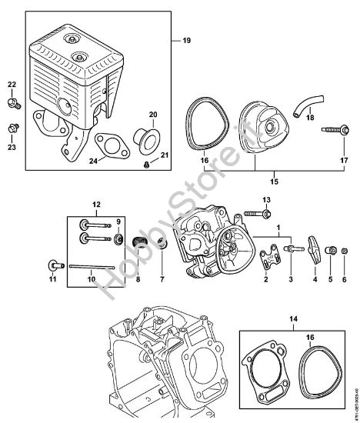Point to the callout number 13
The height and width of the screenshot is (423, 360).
click(x=266, y=200)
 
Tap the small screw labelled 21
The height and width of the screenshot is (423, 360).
click(x=145, y=164)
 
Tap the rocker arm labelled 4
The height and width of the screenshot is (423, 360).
click(x=314, y=251)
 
